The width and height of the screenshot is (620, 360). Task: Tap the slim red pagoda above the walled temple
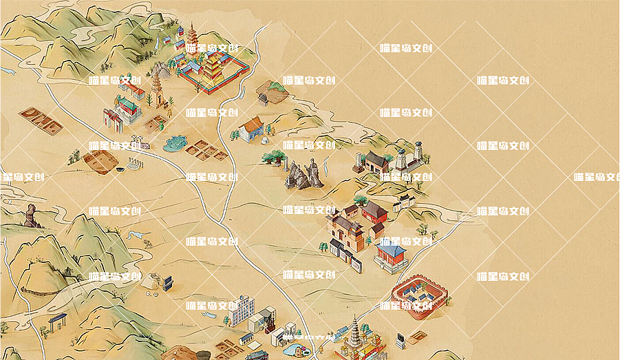point(191,35)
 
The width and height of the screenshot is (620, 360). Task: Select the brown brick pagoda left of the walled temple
point(158,89)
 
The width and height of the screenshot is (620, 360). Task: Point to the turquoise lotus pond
point(175,143)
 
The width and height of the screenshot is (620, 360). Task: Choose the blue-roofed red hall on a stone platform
point(392,255)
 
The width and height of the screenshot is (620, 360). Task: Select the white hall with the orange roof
point(252,129)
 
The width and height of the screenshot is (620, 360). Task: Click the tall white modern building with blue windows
point(242,310)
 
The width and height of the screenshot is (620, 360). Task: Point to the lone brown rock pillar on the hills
point(31,215)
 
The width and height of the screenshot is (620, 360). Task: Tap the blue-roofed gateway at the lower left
point(57,321)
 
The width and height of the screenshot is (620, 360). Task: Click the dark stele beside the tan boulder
point(167,282)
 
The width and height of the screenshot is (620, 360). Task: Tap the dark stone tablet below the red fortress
point(400,340)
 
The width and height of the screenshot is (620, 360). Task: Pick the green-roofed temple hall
point(127,108)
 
